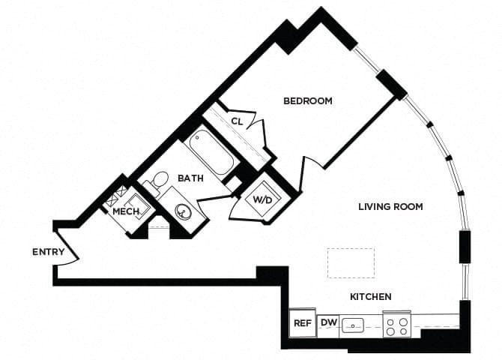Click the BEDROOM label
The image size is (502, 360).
pyautogui.click(x=307, y=100)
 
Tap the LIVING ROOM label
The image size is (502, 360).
pyautogui.click(x=390, y=207)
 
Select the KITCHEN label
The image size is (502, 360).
pyautogui.click(x=370, y=297)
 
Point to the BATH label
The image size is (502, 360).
pyautogui.click(x=190, y=178)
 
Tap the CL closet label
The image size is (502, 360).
pyautogui.click(x=237, y=121)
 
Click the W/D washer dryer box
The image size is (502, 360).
pyautogui.click(x=263, y=200)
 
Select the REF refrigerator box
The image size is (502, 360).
pyautogui.click(x=302, y=324)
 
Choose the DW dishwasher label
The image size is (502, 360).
pyautogui.click(x=328, y=323)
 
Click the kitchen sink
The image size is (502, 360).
pyautogui.click(x=352, y=325)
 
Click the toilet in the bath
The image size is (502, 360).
pyautogui.click(x=157, y=182)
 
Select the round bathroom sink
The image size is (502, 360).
pyautogui.click(x=183, y=211)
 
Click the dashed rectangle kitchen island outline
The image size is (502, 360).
pyautogui.click(x=351, y=263)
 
